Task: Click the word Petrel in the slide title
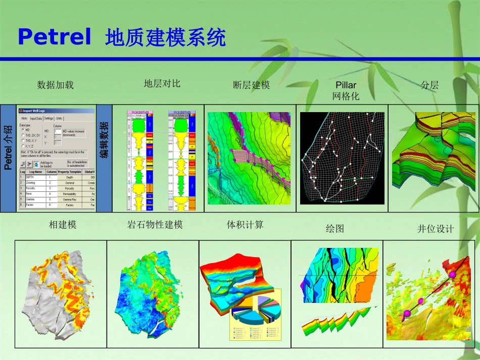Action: [x=55, y=37]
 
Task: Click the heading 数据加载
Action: [x=56, y=85]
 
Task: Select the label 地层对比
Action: [x=162, y=83]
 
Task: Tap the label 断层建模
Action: [x=252, y=85]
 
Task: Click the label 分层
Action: [x=430, y=85]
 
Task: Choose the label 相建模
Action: [x=63, y=225]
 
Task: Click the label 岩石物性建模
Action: [x=155, y=225]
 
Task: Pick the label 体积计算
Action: [x=245, y=224]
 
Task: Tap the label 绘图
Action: [x=335, y=228]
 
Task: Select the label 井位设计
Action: [x=436, y=229]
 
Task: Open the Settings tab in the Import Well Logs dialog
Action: [x=49, y=118]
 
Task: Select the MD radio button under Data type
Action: [x=22, y=129]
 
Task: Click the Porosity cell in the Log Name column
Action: [x=34, y=188]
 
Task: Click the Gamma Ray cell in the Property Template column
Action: [x=70, y=199]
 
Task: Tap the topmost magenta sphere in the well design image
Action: [x=453, y=274]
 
